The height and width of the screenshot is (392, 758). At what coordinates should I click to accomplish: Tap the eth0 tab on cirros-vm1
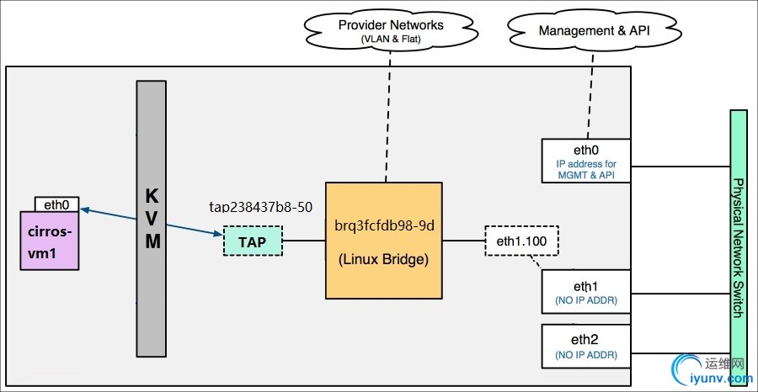coord(56,204)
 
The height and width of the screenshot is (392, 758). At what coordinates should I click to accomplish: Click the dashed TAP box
coord(253,241)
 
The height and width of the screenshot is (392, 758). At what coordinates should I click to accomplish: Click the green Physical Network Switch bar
coord(739,244)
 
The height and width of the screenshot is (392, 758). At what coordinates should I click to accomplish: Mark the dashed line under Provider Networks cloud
coord(388,118)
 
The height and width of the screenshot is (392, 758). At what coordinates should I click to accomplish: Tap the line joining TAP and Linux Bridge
coord(304,241)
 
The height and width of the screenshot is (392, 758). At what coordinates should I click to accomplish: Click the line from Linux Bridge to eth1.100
coord(463,241)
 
